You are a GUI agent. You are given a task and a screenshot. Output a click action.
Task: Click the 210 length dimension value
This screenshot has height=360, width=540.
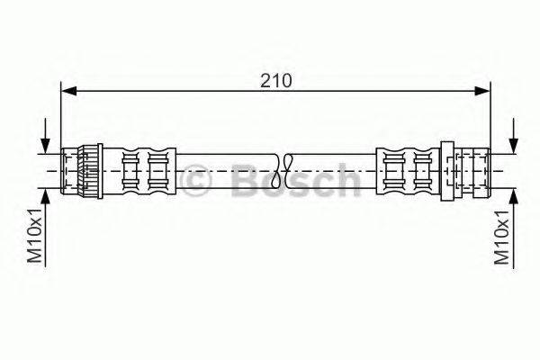pos(275,80)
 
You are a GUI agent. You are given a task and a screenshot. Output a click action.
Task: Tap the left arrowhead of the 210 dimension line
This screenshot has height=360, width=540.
pos(67,90)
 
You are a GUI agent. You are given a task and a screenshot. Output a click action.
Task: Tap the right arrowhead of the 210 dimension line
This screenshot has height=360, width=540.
pos(484,90)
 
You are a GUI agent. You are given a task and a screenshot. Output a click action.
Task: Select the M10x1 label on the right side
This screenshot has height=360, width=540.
pos(502,236)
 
